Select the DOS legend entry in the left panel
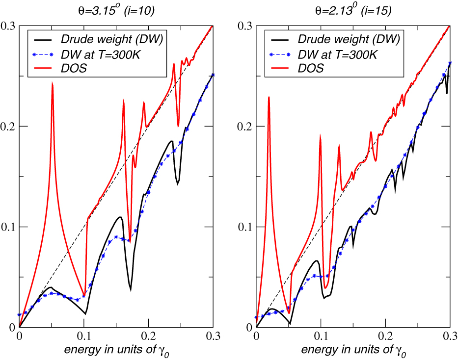(76, 68)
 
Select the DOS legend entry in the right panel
(312, 68)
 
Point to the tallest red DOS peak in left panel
(52, 83)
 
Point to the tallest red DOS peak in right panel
(269, 97)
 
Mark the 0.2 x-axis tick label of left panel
(148, 336)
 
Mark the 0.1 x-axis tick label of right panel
(321, 336)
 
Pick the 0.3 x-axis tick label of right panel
(449, 336)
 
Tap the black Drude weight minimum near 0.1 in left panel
(85, 313)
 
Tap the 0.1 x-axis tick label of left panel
(84, 336)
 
